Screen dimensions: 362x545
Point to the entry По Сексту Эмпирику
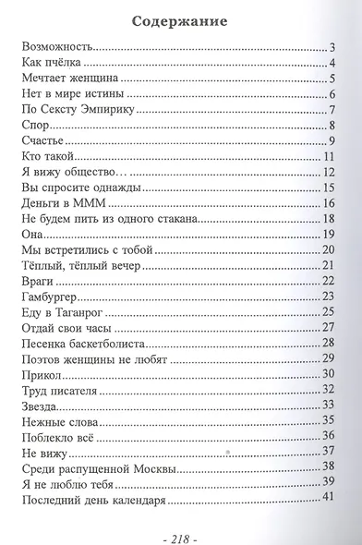point(77,109)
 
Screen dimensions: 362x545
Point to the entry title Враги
point(36,280)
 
